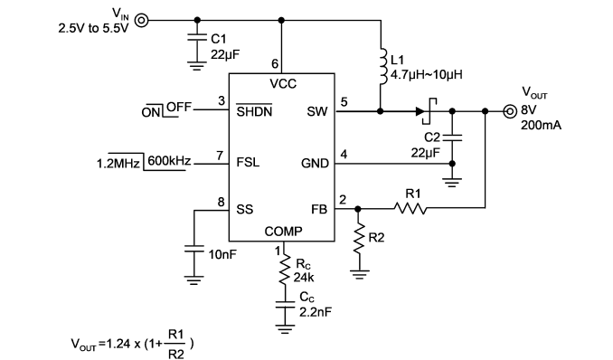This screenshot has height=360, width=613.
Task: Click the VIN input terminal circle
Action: [142, 20]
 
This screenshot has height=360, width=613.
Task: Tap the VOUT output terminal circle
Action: [509, 111]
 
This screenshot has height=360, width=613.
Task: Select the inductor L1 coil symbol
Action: [383, 66]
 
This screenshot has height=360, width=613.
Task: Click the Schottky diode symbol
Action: [426, 111]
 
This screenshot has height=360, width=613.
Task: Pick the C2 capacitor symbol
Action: [452, 137]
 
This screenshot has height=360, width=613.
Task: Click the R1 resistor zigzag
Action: [410, 208]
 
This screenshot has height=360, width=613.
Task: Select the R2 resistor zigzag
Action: [358, 238]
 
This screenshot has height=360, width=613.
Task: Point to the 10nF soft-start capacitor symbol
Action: [193, 250]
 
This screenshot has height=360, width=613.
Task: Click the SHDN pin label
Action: [254, 111]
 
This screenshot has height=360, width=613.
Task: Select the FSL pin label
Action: [248, 162]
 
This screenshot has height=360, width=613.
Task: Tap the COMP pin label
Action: [283, 232]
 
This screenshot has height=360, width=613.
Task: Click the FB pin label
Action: [319, 209]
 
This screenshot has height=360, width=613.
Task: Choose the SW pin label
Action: [317, 111]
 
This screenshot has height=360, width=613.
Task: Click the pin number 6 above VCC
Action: [275, 63]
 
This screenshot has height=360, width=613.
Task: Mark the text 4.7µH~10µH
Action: [427, 74]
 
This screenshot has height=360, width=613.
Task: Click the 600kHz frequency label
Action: [169, 160]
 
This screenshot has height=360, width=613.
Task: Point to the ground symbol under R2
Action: [358, 274]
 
